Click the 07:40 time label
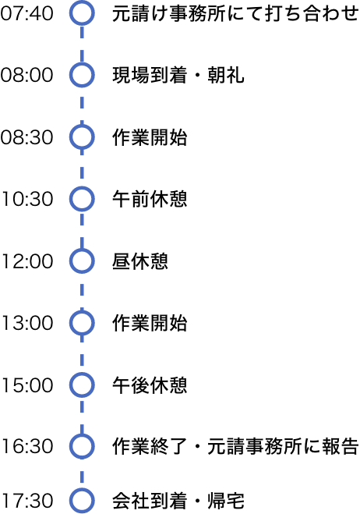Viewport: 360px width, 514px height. [26, 13]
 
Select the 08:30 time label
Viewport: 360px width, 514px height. [26, 137]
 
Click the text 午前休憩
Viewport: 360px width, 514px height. [150, 199]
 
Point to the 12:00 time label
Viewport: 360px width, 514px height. [27, 261]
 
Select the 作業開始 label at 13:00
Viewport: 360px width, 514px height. [150, 323]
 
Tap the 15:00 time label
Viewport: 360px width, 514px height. [27, 385]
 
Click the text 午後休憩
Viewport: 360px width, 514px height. [150, 385]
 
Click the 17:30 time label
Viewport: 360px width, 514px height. [27, 502]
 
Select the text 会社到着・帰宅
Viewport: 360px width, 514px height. [178, 502]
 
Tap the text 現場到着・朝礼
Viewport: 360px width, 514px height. [178, 75]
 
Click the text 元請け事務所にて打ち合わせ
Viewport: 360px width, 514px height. [235, 13]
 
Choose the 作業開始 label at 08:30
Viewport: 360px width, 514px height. [150, 137]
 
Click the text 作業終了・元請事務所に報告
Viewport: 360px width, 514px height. [235, 446]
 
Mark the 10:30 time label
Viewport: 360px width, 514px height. [27, 199]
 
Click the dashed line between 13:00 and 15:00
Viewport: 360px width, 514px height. [82, 354]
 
